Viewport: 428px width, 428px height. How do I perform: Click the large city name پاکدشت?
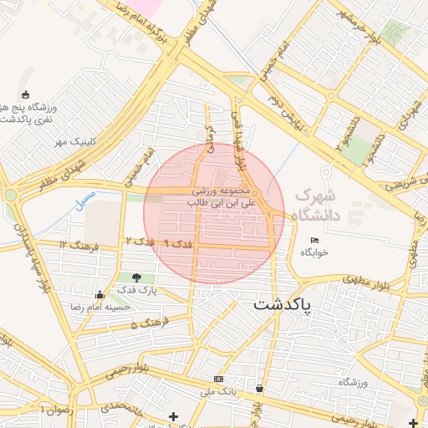point(282,305)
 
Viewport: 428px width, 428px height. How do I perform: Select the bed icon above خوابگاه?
point(314,241)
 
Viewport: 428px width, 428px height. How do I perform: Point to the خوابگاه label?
point(315,252)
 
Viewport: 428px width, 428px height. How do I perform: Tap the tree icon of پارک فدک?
point(136,278)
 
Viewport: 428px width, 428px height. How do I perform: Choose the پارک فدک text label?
point(136,290)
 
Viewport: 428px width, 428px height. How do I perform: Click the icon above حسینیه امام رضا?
point(100,294)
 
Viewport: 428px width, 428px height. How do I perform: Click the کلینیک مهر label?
point(72,141)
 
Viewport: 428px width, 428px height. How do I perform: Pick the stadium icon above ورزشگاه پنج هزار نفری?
point(25,94)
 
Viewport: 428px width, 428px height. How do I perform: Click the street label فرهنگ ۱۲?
point(80,245)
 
